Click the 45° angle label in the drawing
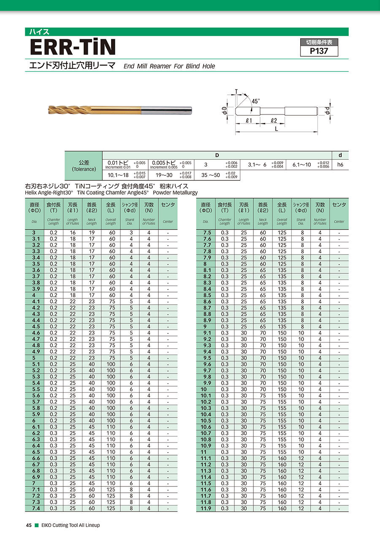click(x=256, y=101)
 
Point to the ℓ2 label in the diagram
click(x=274, y=120)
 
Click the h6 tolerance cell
click(x=340, y=164)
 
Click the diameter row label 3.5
click(x=36, y=264)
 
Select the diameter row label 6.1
click(x=36, y=427)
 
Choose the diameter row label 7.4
click(x=36, y=508)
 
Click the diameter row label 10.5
click(x=206, y=421)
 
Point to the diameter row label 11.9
click(x=206, y=508)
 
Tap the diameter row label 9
click(x=206, y=327)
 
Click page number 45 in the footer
click(x=29, y=525)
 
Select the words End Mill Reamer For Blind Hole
click(x=169, y=66)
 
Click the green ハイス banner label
click(x=39, y=32)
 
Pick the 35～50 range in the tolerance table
click(x=210, y=175)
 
